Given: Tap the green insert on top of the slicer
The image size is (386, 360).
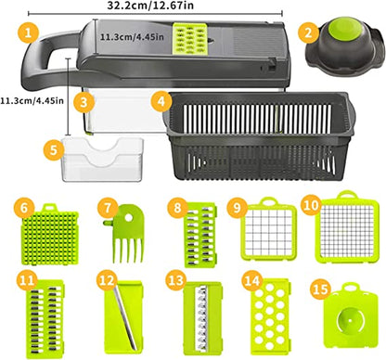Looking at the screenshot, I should [x=194, y=38].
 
